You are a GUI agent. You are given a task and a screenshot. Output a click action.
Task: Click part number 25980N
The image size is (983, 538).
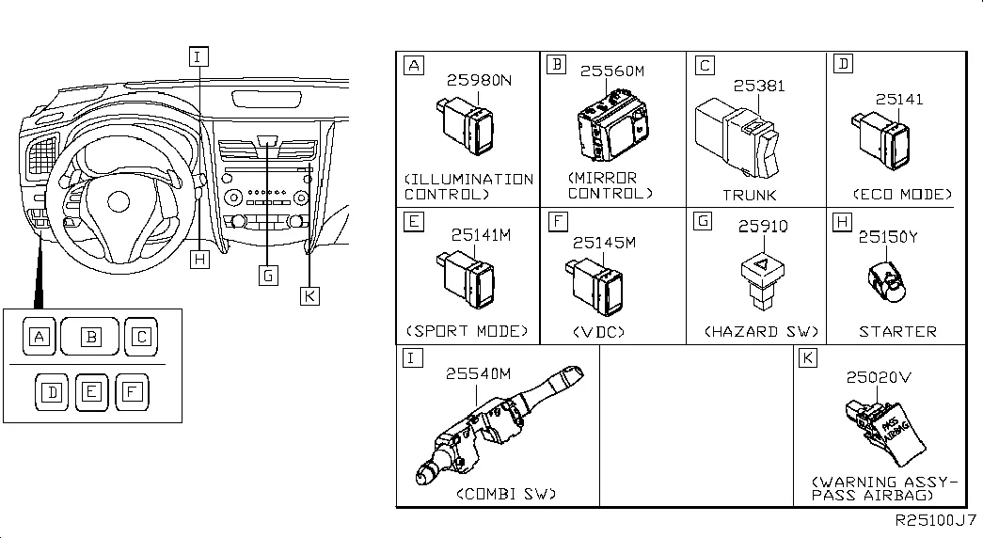[x=479, y=81]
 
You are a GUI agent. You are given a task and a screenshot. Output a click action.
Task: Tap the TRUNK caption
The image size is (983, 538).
[x=749, y=195]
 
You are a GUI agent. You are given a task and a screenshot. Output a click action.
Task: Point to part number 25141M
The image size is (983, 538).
[x=480, y=235]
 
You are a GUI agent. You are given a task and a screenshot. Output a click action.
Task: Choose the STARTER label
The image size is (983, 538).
[x=897, y=331]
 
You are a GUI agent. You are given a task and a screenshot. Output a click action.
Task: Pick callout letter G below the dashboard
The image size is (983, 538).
[x=268, y=275]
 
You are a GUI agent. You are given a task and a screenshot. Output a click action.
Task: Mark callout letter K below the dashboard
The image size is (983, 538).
[x=309, y=295]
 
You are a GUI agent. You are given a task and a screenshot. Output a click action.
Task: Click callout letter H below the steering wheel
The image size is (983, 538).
[x=198, y=259]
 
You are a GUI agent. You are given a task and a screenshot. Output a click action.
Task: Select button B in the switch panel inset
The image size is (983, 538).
[x=90, y=336]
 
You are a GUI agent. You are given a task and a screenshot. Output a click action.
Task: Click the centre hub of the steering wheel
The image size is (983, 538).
[x=119, y=201]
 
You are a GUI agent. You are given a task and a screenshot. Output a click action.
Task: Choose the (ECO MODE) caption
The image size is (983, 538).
[x=901, y=195]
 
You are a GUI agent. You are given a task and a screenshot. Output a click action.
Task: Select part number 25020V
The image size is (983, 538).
[x=879, y=377]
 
